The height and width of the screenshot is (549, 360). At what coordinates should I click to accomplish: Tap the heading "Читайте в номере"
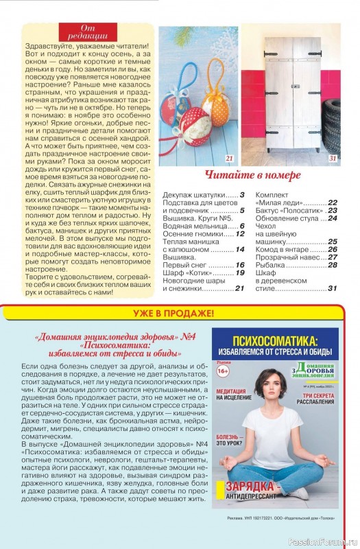pos(252,175)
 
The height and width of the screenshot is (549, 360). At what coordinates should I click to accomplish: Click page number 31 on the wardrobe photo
pos(333,158)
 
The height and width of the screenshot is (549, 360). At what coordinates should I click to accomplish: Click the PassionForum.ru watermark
pos(323,540)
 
